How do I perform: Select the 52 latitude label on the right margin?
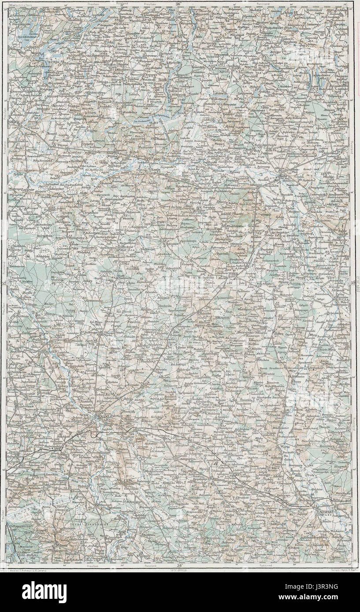[x=353, y=284]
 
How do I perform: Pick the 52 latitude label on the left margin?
[x=4, y=284]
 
